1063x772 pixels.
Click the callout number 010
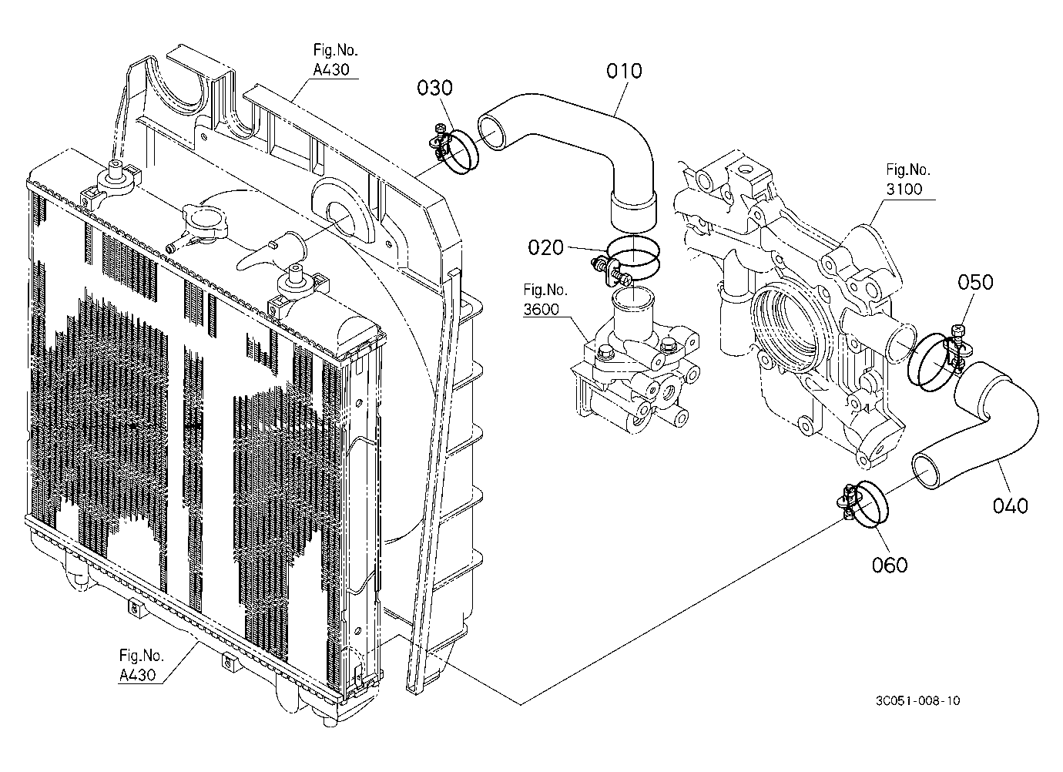624,71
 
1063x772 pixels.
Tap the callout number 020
545,247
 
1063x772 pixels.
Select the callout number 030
434,88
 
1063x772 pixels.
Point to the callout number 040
1011,505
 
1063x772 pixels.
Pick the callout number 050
975,282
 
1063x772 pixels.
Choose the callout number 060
890,565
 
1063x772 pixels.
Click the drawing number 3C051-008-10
917,701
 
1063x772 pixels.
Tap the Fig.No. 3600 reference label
545,300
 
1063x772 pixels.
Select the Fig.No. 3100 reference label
908,180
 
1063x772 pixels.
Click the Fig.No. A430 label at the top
335,60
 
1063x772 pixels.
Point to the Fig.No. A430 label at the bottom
141,665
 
